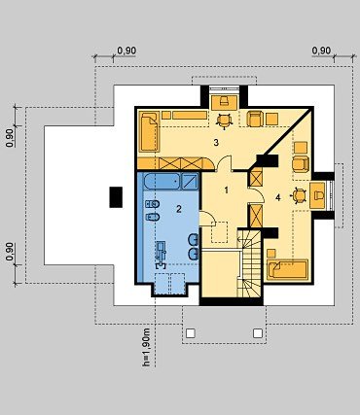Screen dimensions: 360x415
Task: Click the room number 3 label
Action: (x=216, y=142)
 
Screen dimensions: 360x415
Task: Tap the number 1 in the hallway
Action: (x=227, y=190)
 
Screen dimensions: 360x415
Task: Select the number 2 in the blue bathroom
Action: (x=179, y=209)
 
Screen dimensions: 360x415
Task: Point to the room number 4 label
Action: (x=278, y=197)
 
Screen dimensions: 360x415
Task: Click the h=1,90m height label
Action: (x=146, y=347)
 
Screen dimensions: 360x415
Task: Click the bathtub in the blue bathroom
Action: (x=162, y=181)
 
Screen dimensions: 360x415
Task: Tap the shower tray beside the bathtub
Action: (x=190, y=181)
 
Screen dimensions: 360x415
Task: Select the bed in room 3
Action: (x=150, y=132)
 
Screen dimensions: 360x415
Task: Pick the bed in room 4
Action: (x=287, y=269)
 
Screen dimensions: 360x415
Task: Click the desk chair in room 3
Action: (x=224, y=121)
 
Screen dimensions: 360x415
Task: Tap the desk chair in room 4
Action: (x=299, y=195)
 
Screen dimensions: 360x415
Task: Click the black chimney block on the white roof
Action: (x=116, y=197)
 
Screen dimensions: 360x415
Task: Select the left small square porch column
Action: (x=191, y=333)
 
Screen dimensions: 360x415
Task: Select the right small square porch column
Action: (x=258, y=333)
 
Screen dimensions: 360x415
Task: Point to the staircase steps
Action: (x=249, y=263)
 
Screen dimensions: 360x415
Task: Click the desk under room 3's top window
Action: (x=225, y=102)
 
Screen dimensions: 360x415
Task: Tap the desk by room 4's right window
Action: (x=317, y=195)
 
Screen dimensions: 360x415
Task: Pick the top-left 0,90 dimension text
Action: (x=126, y=51)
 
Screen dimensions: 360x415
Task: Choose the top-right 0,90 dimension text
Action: (x=321, y=51)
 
